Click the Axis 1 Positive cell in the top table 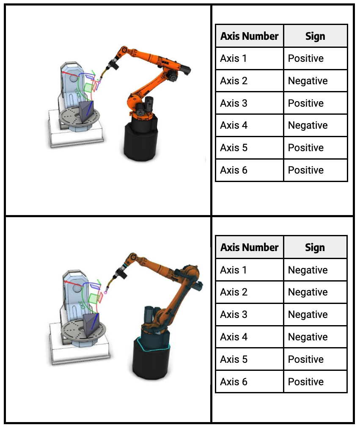coord(315,58)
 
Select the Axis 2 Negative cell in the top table coord(315,81)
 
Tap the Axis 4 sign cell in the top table coord(315,125)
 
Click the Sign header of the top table coord(315,36)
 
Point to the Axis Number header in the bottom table coord(249,247)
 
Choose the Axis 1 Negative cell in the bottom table coord(315,270)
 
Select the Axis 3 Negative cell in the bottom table coord(315,315)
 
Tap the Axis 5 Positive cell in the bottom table coord(315,359)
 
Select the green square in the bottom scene coord(93,298)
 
